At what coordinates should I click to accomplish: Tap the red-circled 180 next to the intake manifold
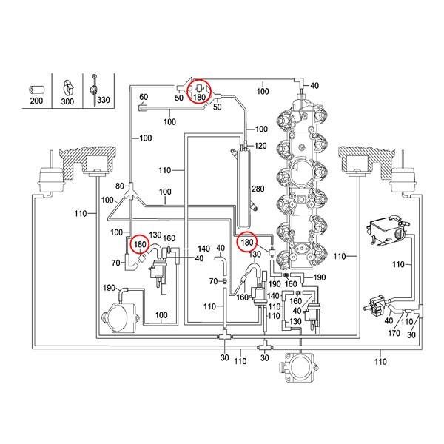coord(247,242)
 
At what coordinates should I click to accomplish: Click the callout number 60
coord(144,98)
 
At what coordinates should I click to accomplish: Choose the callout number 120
coord(260,146)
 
